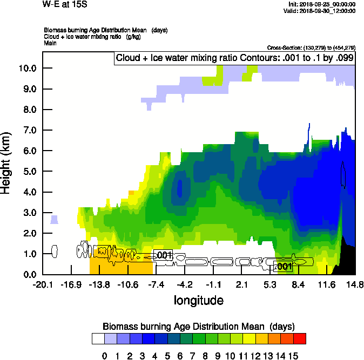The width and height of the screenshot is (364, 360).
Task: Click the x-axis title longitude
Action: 198,300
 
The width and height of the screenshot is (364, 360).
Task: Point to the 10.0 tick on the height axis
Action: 26,68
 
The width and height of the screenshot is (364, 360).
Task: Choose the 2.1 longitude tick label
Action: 241,284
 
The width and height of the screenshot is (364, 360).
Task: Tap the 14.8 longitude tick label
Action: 355,284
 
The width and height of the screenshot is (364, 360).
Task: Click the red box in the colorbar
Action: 299,338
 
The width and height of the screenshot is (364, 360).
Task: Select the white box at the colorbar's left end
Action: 98,338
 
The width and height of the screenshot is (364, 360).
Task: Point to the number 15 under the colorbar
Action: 292,356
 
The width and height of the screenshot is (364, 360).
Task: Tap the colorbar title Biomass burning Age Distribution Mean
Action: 198,327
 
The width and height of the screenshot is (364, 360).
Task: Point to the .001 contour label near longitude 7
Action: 284,266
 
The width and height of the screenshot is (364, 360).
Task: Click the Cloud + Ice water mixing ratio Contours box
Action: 234,58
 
